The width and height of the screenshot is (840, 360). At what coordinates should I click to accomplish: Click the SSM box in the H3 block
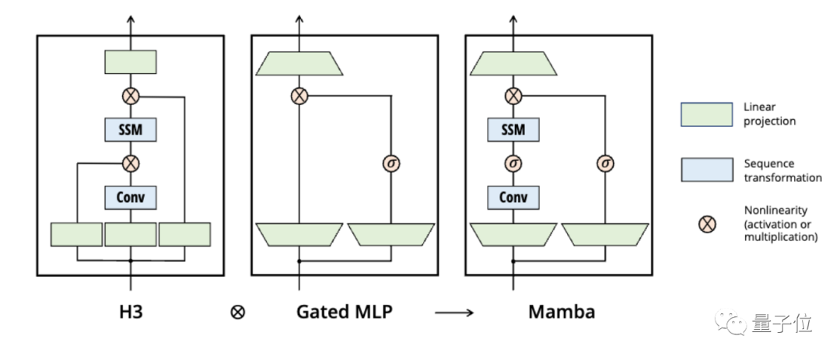click(x=131, y=129)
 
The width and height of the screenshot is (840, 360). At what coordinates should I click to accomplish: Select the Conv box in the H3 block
click(x=131, y=197)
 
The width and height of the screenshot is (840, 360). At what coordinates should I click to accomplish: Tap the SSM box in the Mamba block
click(x=513, y=129)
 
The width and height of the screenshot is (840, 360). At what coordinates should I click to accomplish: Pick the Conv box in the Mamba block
click(x=513, y=197)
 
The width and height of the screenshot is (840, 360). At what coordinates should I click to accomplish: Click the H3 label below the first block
click(x=131, y=312)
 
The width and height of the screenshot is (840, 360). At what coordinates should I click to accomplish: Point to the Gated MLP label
click(x=345, y=312)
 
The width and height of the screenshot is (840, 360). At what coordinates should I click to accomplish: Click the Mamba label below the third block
click(x=562, y=312)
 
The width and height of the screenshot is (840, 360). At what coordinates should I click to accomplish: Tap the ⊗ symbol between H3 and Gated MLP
click(x=238, y=313)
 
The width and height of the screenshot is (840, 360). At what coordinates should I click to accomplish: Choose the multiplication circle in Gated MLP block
click(x=299, y=96)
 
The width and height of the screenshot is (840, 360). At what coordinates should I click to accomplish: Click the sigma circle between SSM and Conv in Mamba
click(x=513, y=163)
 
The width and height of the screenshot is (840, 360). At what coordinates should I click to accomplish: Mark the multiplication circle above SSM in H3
click(x=131, y=96)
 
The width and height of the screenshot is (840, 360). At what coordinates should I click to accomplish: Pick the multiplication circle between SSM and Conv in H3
click(x=131, y=163)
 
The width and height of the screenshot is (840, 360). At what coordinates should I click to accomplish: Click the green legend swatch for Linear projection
click(x=706, y=114)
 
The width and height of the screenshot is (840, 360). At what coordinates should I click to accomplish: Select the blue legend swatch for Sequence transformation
click(x=706, y=170)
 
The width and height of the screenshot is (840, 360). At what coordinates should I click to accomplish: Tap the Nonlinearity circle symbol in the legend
click(x=706, y=225)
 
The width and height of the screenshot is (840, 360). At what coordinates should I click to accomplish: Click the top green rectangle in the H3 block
click(x=131, y=62)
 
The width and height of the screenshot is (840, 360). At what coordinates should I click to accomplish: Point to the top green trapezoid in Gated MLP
click(x=299, y=63)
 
